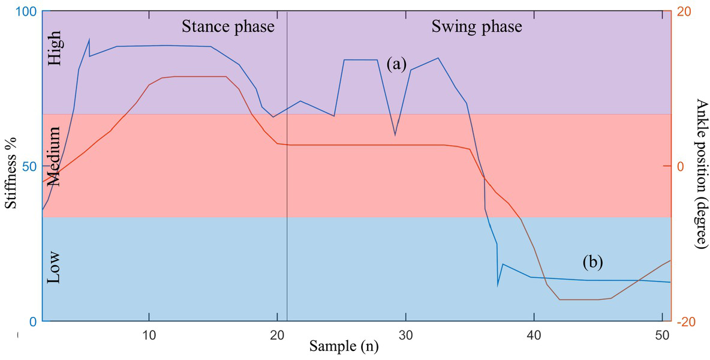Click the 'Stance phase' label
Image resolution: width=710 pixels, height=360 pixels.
click(x=228, y=27)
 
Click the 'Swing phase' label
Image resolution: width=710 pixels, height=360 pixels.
click(x=477, y=27)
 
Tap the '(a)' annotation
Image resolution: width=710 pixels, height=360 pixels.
click(x=397, y=64)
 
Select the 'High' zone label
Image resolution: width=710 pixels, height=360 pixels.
click(x=54, y=52)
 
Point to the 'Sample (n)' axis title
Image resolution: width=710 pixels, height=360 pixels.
click(x=344, y=346)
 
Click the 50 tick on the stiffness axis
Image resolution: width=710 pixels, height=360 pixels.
click(x=29, y=166)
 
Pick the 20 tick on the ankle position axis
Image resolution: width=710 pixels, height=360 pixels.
click(x=684, y=12)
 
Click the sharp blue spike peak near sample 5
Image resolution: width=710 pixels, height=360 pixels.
click(x=89, y=40)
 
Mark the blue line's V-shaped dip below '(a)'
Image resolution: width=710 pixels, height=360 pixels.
click(x=395, y=135)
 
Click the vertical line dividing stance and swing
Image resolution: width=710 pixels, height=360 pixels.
click(x=287, y=180)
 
